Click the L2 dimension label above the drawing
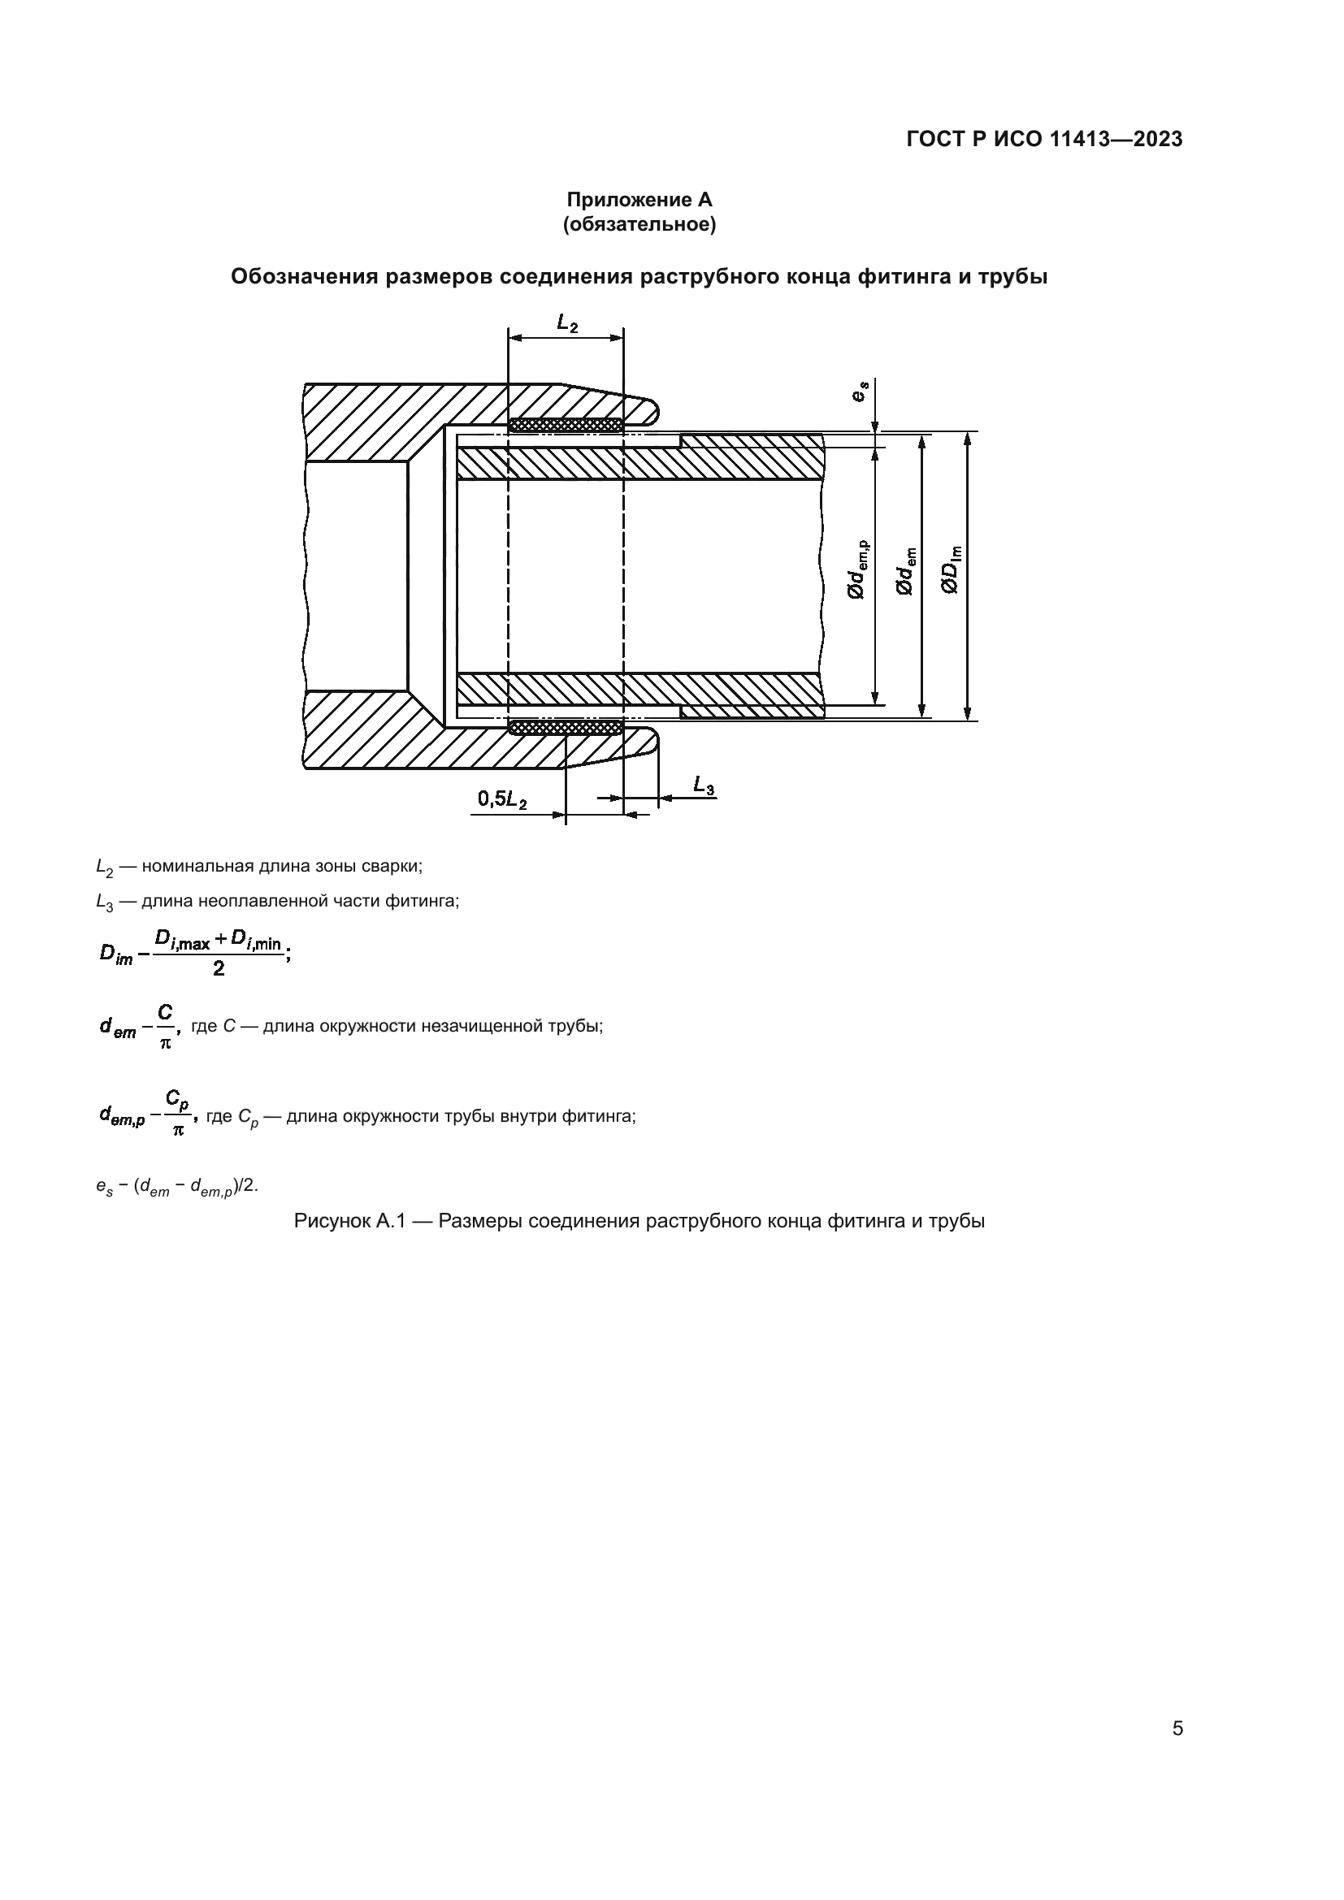(x=568, y=322)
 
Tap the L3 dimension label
(x=704, y=785)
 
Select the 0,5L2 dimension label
(x=501, y=799)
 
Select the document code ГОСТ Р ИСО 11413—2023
(x=1044, y=140)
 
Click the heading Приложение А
(x=639, y=201)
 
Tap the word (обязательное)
(x=639, y=224)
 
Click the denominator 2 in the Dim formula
(x=219, y=969)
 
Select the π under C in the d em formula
(x=166, y=1044)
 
